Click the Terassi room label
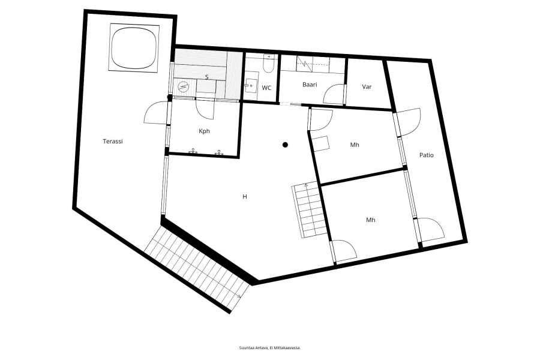(x=113, y=141)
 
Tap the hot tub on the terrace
(x=134, y=48)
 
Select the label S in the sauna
(x=206, y=77)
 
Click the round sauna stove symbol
(x=183, y=86)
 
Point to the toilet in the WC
(x=268, y=64)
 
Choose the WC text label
(x=266, y=88)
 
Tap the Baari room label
(x=310, y=85)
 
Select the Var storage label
(x=367, y=87)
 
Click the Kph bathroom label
(x=204, y=131)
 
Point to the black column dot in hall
(x=285, y=145)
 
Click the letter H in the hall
(x=245, y=197)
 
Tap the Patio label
(x=427, y=155)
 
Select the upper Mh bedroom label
(x=355, y=145)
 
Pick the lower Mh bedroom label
(x=371, y=220)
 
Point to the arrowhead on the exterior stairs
(x=239, y=296)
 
